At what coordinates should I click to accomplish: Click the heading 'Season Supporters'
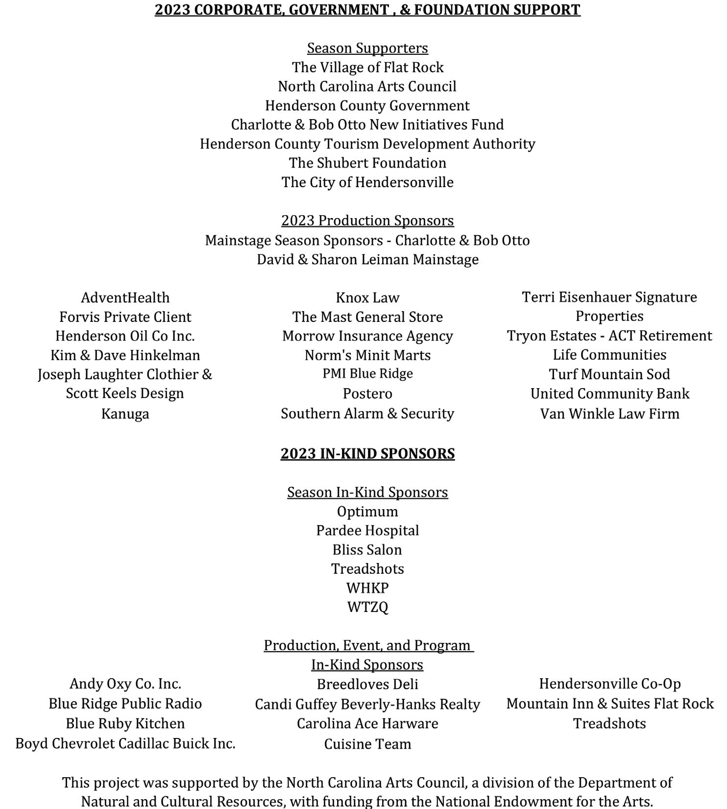tap(367, 48)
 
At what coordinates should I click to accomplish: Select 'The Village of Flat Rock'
tap(367, 67)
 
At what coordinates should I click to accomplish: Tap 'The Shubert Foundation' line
tap(367, 163)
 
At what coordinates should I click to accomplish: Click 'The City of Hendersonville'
tap(367, 182)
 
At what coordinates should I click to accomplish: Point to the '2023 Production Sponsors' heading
tap(367, 221)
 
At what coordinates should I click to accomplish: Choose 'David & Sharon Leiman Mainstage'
tap(367, 259)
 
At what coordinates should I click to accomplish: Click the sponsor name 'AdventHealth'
tap(125, 297)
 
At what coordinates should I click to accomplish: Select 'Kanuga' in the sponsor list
tap(125, 414)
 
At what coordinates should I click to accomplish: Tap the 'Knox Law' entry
tap(367, 297)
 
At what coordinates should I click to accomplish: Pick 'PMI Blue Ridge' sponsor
tap(367, 374)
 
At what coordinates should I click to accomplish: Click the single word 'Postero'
tap(367, 393)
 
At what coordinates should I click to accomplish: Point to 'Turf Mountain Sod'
tap(609, 374)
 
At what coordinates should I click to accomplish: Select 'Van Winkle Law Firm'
tap(609, 414)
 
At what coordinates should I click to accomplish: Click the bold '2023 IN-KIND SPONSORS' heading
tap(367, 454)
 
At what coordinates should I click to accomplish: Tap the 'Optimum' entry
tap(367, 512)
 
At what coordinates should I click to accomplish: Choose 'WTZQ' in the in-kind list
tap(367, 607)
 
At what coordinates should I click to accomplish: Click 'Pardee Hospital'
tap(367, 531)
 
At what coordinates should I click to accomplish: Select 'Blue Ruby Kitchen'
tap(125, 724)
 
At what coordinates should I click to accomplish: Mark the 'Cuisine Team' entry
tap(367, 744)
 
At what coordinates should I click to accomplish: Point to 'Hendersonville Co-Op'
tap(609, 684)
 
